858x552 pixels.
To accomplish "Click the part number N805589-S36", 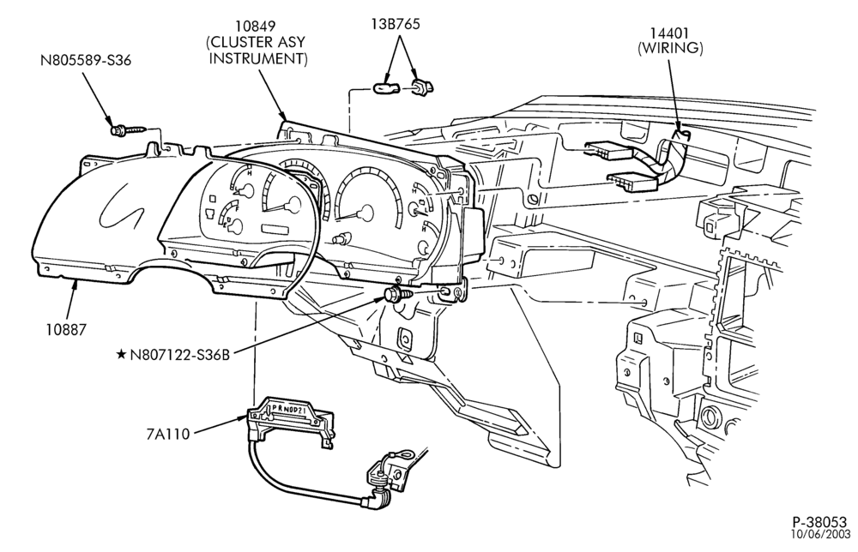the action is [x=86, y=60].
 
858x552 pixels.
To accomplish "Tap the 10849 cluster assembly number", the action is [x=256, y=27].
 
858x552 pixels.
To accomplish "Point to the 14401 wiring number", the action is [x=670, y=33].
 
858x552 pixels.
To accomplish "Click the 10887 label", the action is [x=66, y=329].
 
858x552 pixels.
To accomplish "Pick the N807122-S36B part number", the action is [x=179, y=355].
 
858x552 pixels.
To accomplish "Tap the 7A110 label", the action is [x=168, y=434].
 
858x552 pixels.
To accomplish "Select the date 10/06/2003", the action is [x=822, y=533].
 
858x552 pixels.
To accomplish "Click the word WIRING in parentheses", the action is [x=670, y=48].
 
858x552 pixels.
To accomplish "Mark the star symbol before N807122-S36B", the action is [x=121, y=355].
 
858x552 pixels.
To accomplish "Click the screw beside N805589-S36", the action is [x=128, y=130].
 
